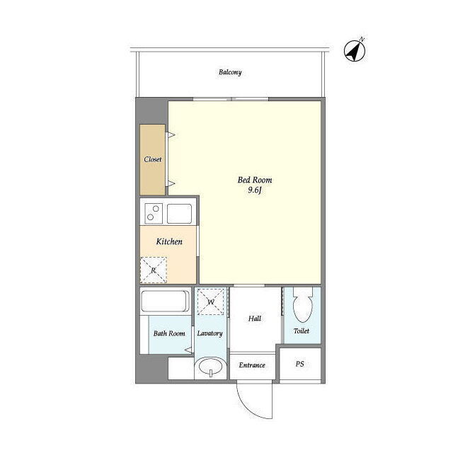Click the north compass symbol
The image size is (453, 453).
[x=355, y=50]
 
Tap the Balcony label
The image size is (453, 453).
[x=230, y=72]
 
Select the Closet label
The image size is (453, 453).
[x=153, y=159]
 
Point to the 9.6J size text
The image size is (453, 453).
[x=255, y=190]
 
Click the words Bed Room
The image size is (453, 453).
[x=255, y=180]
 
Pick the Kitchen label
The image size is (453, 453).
[x=169, y=241]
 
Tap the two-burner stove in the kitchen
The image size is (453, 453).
[x=154, y=213]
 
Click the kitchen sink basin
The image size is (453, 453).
[x=179, y=214]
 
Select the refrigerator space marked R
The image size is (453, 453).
[x=154, y=270]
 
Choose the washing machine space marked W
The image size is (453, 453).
[x=211, y=302]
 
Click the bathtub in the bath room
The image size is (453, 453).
[x=165, y=302]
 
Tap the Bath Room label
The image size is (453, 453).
[x=169, y=333]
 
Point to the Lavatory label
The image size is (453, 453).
[x=210, y=333]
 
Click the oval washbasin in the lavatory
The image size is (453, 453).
[x=211, y=367]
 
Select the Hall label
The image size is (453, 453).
[x=255, y=319]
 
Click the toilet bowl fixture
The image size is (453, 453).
[x=302, y=305]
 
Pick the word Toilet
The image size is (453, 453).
[x=302, y=331]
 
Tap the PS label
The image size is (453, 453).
[x=299, y=364]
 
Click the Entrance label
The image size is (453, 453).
[x=252, y=365]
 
